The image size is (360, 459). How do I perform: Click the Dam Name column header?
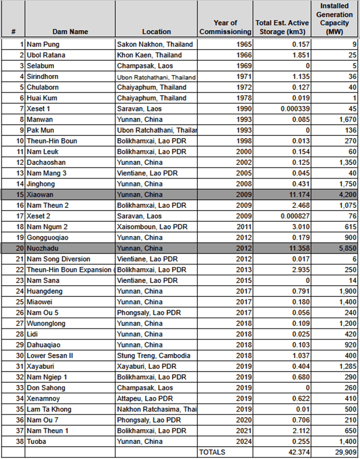[70, 31]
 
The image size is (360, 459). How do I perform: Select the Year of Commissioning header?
[225, 27]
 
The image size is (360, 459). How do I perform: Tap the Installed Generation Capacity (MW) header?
[335, 19]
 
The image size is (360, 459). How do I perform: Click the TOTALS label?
[212, 452]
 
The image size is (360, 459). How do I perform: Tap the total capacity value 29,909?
[343, 452]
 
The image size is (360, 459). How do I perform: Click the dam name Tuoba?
[38, 441]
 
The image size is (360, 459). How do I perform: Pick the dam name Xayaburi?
[43, 366]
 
